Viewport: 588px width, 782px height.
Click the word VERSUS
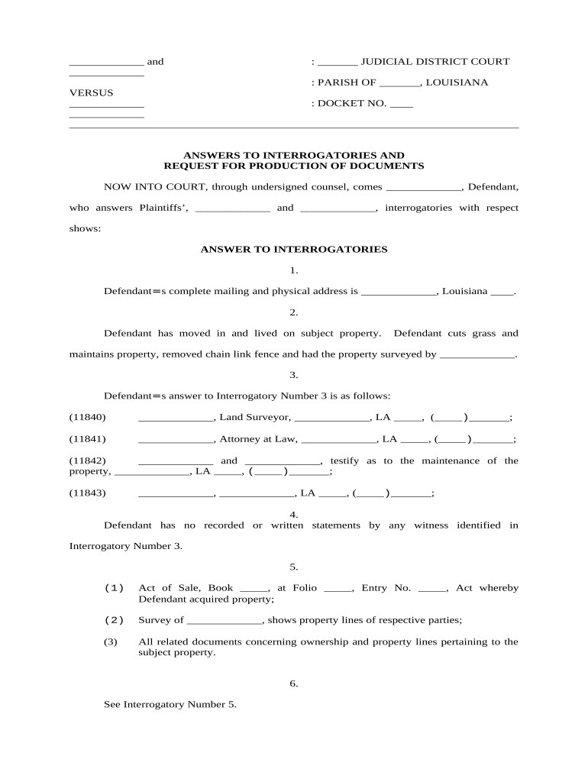pos(91,93)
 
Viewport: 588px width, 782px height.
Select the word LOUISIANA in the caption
pos(457,82)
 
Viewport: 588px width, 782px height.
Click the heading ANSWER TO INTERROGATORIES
pos(294,249)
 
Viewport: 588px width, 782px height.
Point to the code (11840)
pos(88,417)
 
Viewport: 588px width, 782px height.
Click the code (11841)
pos(88,438)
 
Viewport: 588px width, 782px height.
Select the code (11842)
pos(88,460)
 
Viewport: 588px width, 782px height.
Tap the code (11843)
pos(88,493)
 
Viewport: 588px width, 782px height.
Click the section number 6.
pos(294,683)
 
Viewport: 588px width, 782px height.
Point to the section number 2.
pos(294,312)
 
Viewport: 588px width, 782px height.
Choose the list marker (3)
pos(111,641)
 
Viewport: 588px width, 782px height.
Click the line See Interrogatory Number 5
pos(170,705)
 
